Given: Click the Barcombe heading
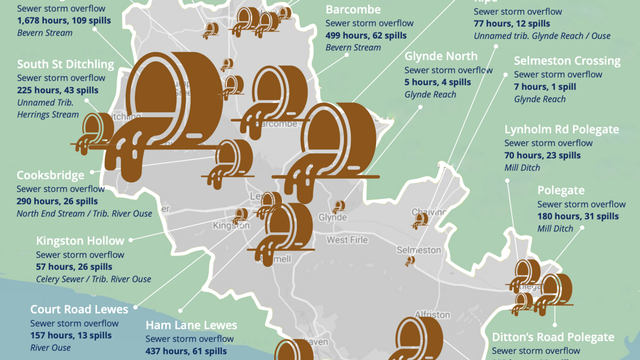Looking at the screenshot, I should [x=353, y=10].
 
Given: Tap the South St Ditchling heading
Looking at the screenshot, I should [x=66, y=65].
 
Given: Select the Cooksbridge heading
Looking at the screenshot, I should [x=51, y=175].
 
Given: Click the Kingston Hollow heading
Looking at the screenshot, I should [x=80, y=241].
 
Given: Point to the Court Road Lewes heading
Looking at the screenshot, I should [x=79, y=309].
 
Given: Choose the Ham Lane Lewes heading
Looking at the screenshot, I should [x=191, y=325].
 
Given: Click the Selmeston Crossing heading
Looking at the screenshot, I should [x=567, y=61].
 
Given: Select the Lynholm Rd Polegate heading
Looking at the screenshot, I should [x=562, y=130].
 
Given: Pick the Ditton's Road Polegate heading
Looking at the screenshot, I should [x=553, y=337].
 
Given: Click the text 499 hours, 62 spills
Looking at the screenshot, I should [x=366, y=36].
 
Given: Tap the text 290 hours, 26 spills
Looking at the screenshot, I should [x=57, y=201].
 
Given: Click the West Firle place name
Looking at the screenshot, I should [x=347, y=240].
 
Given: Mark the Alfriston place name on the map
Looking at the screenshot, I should [x=432, y=315].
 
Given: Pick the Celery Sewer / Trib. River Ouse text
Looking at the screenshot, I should [x=93, y=279].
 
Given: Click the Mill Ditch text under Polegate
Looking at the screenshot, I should [x=555, y=229].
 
